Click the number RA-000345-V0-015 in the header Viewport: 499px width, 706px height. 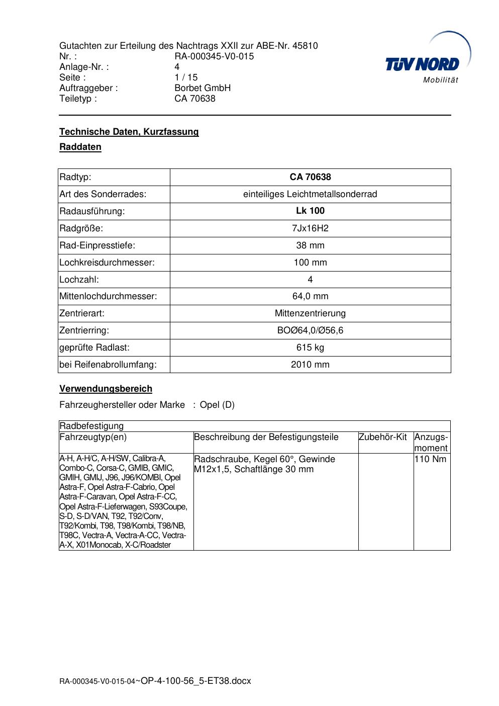point(214,56)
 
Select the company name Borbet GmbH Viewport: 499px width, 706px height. point(203,88)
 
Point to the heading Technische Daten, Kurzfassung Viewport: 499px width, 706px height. point(129,132)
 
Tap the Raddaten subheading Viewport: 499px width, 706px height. point(80,147)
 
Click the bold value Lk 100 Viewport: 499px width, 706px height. point(310,211)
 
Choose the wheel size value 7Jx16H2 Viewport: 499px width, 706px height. point(310,228)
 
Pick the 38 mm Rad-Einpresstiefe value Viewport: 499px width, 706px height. point(310,245)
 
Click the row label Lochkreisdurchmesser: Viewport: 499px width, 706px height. point(107,262)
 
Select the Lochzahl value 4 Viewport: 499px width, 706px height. point(310,280)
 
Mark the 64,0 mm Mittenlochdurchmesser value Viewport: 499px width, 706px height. point(310,296)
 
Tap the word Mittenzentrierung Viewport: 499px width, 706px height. point(310,313)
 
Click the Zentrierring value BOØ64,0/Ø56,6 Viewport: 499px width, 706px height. point(310,330)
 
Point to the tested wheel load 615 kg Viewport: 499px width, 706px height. point(310,347)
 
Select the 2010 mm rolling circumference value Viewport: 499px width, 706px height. point(310,365)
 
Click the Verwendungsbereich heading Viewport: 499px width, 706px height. point(106,389)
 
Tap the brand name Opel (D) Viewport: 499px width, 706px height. point(217,405)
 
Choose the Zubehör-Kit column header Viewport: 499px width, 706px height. point(383,437)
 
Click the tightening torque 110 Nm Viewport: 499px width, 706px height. point(431,459)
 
